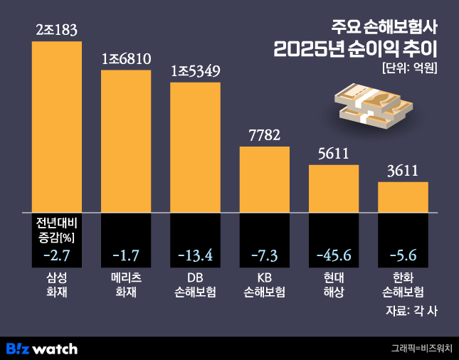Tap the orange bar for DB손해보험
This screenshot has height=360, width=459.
pyautogui.click(x=195, y=147)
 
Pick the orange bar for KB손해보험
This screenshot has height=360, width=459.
pyautogui.click(x=264, y=179)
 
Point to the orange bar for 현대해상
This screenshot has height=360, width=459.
pyautogui.click(x=333, y=189)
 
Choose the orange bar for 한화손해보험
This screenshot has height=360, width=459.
pyautogui.click(x=403, y=197)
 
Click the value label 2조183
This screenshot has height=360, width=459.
pyautogui.click(x=57, y=30)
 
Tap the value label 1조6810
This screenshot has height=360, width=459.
pyautogui.click(x=126, y=58)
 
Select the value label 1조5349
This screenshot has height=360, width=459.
pyautogui.click(x=195, y=71)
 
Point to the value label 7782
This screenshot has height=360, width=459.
pyautogui.click(x=264, y=135)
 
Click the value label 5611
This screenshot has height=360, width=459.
pyautogui.click(x=333, y=154)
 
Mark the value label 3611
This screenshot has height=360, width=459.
pyautogui.click(x=403, y=171)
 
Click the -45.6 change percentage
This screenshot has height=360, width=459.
pyautogui.click(x=333, y=254)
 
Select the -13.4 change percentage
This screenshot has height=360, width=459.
pyautogui.click(x=195, y=254)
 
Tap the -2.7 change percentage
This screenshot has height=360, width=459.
pyautogui.click(x=57, y=254)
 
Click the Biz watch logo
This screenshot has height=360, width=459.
pyautogui.click(x=41, y=349)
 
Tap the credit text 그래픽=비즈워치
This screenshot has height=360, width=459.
pyautogui.click(x=421, y=349)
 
